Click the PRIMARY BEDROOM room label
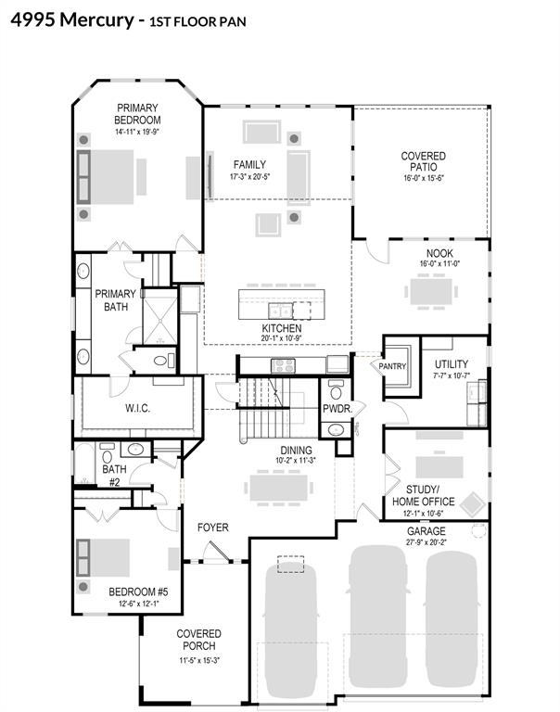(x=137, y=114)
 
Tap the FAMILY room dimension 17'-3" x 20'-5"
(x=249, y=177)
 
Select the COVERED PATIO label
(x=424, y=161)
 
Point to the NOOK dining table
(x=431, y=291)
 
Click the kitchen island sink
(x=280, y=311)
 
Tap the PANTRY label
(x=392, y=366)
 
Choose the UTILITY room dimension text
(x=452, y=375)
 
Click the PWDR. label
(x=337, y=409)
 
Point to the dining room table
(x=279, y=488)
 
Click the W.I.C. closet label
(x=137, y=408)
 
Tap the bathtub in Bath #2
(x=84, y=464)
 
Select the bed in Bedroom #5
(x=103, y=557)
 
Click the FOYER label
(x=213, y=528)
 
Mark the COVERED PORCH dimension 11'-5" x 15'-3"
(x=199, y=661)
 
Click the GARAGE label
(x=426, y=531)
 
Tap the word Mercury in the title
(x=97, y=20)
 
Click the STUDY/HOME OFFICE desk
(x=439, y=467)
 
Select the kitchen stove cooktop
(x=283, y=365)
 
